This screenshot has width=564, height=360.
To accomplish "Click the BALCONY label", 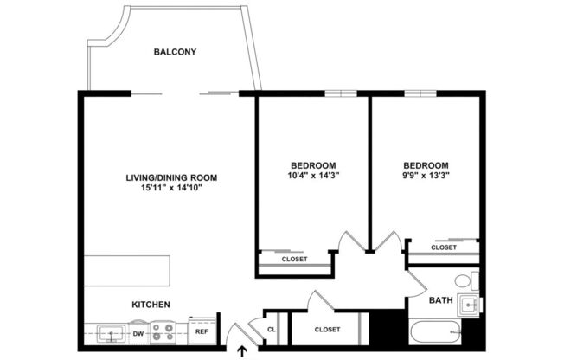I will (x=175, y=52).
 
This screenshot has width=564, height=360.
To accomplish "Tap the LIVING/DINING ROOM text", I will (x=170, y=177).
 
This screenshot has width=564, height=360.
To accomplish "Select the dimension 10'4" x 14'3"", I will (x=312, y=176).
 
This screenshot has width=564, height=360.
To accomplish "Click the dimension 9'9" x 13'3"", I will (x=426, y=176).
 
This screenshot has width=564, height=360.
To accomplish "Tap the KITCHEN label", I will (x=150, y=305).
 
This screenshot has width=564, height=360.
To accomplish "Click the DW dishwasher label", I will (x=138, y=332).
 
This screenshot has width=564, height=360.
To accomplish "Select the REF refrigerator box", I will (x=201, y=331).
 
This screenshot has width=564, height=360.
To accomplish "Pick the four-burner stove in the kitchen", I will (x=163, y=331).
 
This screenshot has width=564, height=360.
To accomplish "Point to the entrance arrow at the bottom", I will (x=241, y=350).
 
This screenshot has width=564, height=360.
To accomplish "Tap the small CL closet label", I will (x=271, y=330).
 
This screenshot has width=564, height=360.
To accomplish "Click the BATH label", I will (x=441, y=300).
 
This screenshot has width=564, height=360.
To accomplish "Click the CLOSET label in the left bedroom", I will (x=294, y=259).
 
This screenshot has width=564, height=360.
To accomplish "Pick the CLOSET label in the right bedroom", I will (x=443, y=247).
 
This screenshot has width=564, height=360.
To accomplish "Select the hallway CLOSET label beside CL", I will (x=326, y=330).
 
